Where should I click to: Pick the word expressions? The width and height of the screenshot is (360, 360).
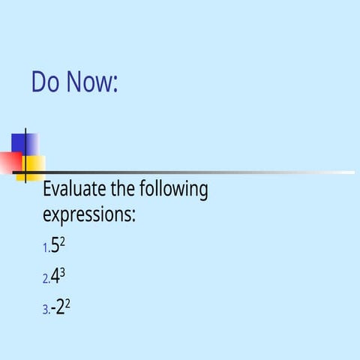[88, 215]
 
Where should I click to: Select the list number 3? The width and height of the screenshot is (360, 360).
[46, 309]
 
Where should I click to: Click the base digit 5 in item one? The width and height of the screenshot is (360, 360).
[55, 246]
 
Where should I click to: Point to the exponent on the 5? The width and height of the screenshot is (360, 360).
[62, 241]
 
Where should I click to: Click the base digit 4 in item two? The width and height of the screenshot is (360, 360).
[55, 277]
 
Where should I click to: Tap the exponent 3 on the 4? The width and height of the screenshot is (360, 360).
[63, 272]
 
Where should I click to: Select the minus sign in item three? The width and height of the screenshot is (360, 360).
[52, 308]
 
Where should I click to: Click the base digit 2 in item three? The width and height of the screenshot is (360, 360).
[59, 307]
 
